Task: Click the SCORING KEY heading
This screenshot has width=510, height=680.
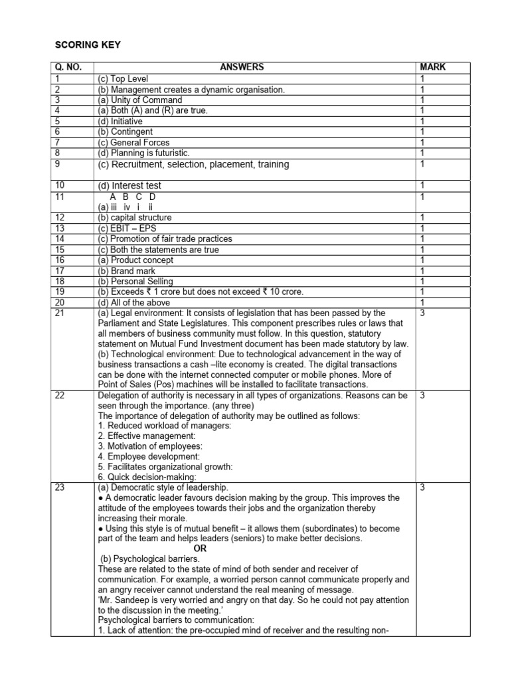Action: pos(87,45)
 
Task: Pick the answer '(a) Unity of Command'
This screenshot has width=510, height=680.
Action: pos(138,100)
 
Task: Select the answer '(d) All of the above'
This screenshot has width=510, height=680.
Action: pos(133,303)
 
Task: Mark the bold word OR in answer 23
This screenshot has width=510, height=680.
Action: pos(200,549)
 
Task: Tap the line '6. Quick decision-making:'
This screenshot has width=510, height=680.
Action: pos(147,477)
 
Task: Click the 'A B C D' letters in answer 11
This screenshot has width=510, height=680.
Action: pos(133,197)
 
